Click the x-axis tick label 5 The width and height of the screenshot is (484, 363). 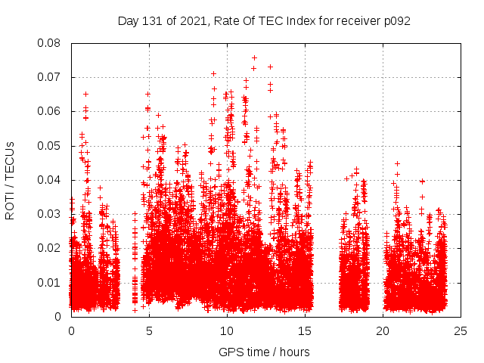(149, 331)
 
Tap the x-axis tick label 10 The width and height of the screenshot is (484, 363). (227, 331)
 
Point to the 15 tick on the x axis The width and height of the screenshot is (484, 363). (305, 331)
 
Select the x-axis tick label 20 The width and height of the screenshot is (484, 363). (383, 331)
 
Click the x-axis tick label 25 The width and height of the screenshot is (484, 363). (461, 331)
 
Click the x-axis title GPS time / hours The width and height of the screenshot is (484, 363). (264, 352)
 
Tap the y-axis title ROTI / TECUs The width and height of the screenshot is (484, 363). (11, 180)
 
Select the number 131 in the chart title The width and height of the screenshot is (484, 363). (153, 20)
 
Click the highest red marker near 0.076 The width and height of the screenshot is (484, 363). (254, 57)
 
